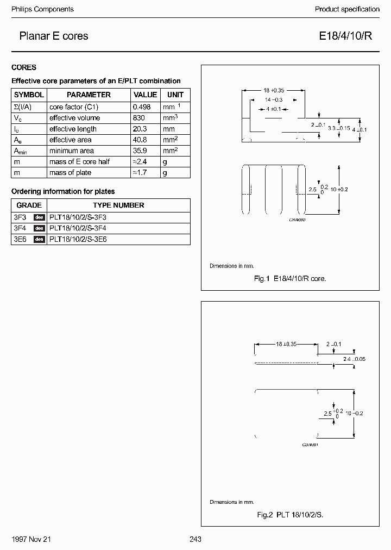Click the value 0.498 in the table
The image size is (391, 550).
(x=142, y=107)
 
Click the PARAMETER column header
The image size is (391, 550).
(x=89, y=95)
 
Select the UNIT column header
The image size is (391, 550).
(x=175, y=95)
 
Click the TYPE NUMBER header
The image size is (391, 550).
(x=118, y=205)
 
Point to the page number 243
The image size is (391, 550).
(x=195, y=539)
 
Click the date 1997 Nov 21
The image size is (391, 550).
(x=31, y=539)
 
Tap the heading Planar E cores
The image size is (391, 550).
(x=53, y=36)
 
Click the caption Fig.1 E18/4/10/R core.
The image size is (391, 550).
(x=290, y=279)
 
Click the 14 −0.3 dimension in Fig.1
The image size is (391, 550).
(x=274, y=100)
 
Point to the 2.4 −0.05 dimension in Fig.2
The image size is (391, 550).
(x=354, y=359)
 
